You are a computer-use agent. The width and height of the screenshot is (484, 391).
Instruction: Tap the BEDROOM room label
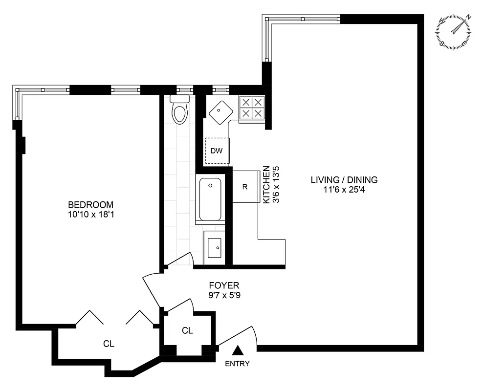90,204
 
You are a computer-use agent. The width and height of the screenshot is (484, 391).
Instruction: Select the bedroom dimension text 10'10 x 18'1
90,215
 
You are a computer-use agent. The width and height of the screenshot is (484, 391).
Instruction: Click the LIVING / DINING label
344,179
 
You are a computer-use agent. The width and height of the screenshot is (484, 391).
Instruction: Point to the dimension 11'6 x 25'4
344,190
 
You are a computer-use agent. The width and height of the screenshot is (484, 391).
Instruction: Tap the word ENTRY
237,364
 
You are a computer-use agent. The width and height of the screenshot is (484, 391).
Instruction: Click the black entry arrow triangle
238,350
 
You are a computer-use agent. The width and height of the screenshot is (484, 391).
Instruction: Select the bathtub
210,199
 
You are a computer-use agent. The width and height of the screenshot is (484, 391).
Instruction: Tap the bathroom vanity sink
214,248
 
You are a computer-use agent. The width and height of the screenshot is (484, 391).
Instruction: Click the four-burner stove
251,108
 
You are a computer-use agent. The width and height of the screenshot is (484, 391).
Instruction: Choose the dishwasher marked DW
217,151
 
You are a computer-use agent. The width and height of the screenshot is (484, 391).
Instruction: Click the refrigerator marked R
245,186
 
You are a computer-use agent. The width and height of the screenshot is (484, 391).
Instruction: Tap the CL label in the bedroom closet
109,344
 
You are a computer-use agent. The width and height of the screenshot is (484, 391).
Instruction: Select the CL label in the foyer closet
187,330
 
